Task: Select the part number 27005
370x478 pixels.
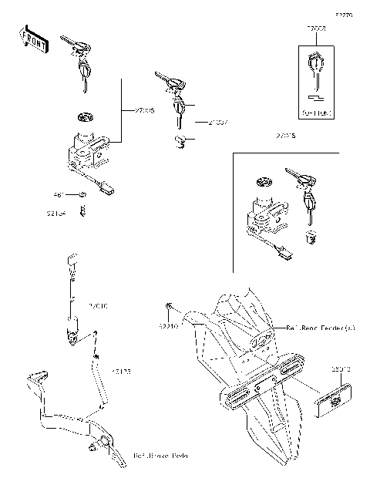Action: (x=143, y=111)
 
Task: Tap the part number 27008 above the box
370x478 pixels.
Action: (x=316, y=29)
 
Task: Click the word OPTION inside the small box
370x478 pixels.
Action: (x=317, y=113)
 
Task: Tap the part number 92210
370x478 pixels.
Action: (x=169, y=327)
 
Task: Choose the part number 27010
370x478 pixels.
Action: (x=100, y=305)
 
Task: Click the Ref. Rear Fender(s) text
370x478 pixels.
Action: (x=321, y=328)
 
